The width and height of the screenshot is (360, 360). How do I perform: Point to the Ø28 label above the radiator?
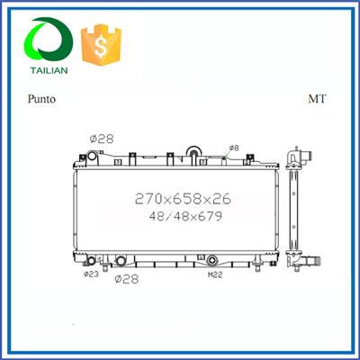click(99, 139)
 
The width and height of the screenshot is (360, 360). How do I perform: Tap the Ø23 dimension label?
click(91, 274)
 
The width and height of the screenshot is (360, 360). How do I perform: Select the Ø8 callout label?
click(233, 147)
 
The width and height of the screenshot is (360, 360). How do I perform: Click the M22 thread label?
click(215, 274)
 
